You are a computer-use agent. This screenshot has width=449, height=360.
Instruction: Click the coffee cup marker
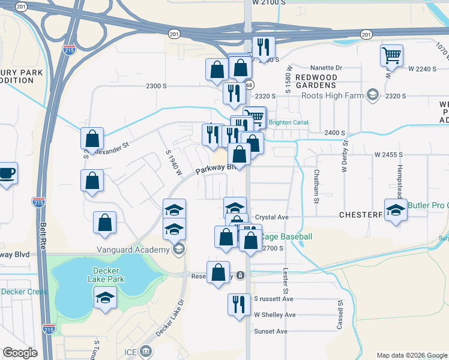click(x=7, y=173)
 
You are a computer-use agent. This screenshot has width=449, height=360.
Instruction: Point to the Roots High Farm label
click(x=333, y=95)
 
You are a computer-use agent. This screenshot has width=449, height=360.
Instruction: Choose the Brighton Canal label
click(x=289, y=122)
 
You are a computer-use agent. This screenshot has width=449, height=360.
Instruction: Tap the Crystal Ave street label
click(x=272, y=217)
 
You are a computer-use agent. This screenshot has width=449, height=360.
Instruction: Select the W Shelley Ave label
click(x=275, y=314)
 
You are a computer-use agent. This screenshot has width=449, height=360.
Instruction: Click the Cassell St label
click(x=339, y=314)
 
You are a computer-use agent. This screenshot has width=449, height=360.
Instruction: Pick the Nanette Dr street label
click(x=326, y=68)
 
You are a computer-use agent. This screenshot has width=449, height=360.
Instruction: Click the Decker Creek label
click(x=24, y=292)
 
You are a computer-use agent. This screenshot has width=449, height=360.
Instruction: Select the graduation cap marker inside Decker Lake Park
click(x=105, y=298)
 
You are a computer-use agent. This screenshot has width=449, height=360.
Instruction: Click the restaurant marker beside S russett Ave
click(x=239, y=303)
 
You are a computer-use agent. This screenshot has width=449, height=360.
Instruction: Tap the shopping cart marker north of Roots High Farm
click(x=391, y=56)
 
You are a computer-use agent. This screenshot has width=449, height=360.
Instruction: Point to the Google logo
click(x=20, y=353)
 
